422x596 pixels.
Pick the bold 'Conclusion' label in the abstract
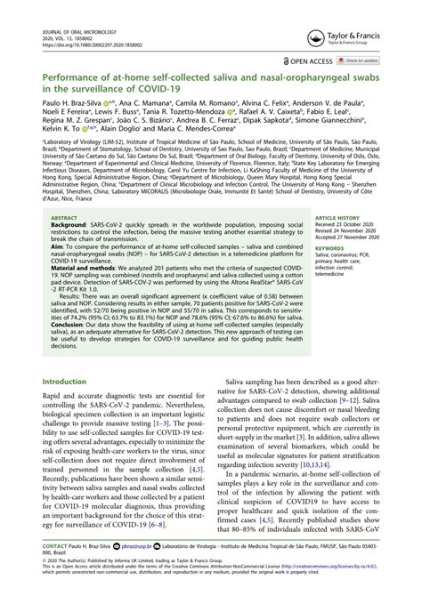(73, 335)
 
